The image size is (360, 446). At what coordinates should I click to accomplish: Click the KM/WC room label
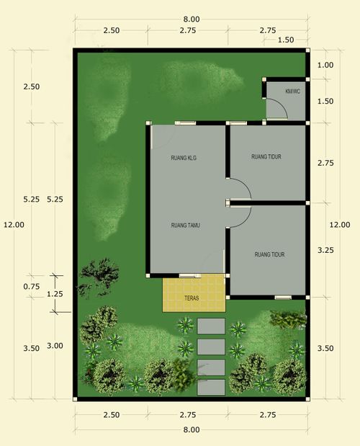point(293,92)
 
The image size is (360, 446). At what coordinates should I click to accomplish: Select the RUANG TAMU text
point(185,226)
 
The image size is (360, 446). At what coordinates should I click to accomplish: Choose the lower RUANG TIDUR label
point(270,254)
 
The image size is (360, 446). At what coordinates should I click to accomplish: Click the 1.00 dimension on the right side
point(325,65)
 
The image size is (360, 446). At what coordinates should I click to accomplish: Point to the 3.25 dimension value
point(325,250)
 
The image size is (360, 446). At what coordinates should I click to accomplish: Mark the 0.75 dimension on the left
point(31,286)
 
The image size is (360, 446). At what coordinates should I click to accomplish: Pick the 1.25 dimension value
point(54,294)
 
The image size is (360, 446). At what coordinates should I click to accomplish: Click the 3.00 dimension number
point(54,346)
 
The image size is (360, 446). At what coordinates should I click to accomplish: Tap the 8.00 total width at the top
point(191,19)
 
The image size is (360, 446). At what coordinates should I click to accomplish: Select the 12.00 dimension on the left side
point(14,224)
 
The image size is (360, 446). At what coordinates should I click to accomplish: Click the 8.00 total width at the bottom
point(191,429)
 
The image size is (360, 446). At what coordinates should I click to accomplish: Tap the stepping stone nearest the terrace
point(211,326)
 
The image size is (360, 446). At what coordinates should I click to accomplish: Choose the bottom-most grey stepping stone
point(211,387)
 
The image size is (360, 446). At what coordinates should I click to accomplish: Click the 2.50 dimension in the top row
point(111,30)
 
